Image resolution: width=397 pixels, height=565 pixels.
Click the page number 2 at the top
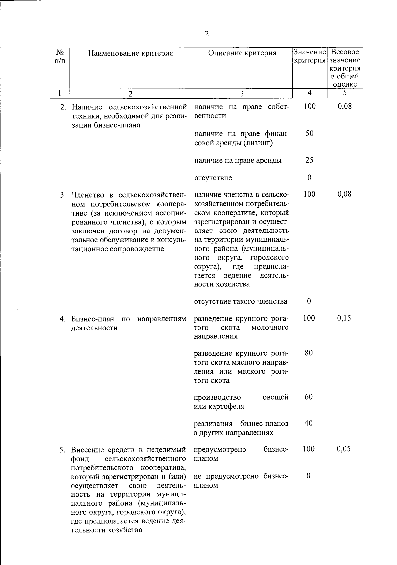coord(207,34)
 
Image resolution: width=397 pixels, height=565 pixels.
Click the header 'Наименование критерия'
coord(130,53)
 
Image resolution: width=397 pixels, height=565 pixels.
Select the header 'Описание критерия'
coord(242,53)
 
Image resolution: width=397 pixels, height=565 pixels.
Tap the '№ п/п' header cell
coord(60,57)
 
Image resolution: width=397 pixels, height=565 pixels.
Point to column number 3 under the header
coord(242,94)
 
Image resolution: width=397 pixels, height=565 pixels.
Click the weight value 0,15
coord(344,318)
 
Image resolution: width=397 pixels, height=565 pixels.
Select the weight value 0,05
coord(344,449)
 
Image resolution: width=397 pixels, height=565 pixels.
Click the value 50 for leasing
coord(309,134)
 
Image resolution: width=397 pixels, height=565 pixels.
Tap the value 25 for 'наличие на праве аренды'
coord(309,160)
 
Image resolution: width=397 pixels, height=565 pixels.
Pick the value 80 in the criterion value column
coord(309,353)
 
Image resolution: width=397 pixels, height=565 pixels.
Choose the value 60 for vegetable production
coord(309,397)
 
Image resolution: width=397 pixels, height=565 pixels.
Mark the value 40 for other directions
coord(309,423)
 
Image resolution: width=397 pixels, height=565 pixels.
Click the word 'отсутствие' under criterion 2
coord(213,178)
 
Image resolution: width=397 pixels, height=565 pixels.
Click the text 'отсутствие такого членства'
coord(241,302)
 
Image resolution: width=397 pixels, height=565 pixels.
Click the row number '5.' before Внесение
coord(62,450)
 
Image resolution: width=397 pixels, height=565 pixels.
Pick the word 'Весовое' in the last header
coord(345,52)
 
